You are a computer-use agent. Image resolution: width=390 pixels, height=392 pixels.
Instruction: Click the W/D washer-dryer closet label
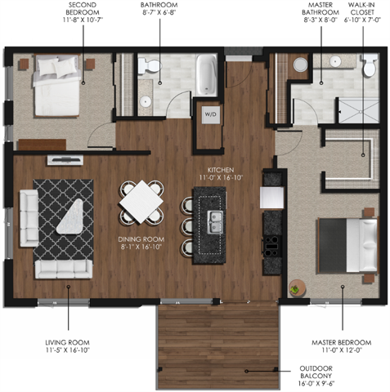pos(209,114)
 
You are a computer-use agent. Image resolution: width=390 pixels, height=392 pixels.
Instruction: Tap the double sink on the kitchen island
pos(215,219)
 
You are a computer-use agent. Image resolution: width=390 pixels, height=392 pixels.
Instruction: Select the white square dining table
pos(141,198)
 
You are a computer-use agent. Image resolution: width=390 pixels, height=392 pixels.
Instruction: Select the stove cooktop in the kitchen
pos(271,243)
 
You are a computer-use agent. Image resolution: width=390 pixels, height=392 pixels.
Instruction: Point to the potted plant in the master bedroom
pos(296,288)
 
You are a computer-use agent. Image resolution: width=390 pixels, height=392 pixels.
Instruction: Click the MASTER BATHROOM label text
pos(319,14)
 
